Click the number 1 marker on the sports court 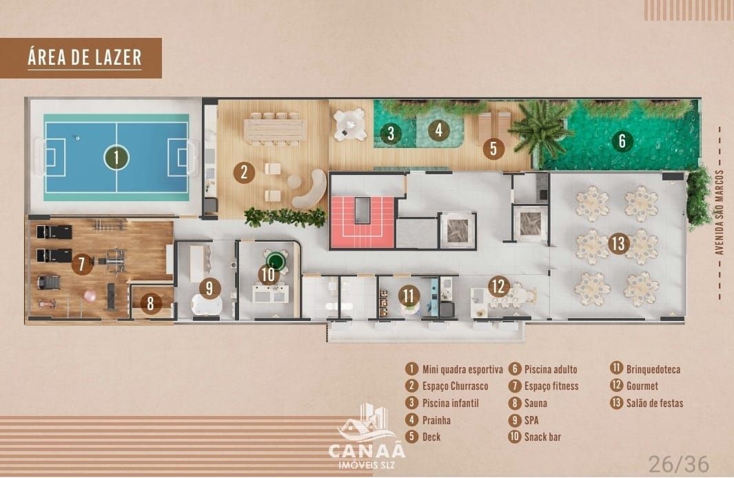tap(116, 158)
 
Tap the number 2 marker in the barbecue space tap(243, 172)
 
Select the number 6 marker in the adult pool tap(622, 141)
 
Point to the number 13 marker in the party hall tap(618, 243)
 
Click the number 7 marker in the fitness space tap(82, 263)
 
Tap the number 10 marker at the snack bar tap(268, 274)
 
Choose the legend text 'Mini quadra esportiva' tap(462, 370)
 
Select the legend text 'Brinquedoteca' tap(653, 370)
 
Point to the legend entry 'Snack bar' tap(542, 437)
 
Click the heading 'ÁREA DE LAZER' tap(84, 58)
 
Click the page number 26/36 tap(678, 464)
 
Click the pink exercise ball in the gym tap(90, 295)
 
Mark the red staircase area tap(362, 222)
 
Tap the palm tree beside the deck tap(541, 129)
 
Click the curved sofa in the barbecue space tap(312, 189)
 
